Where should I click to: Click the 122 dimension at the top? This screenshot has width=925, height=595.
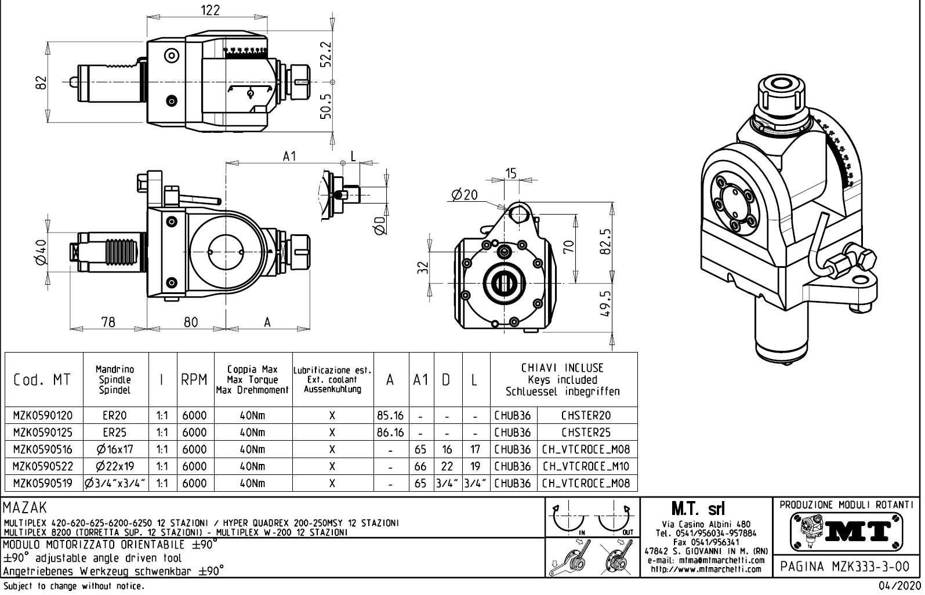[x=209, y=10]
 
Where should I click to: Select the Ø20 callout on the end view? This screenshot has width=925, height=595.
[x=465, y=195]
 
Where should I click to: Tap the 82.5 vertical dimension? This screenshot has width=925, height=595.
[x=606, y=241]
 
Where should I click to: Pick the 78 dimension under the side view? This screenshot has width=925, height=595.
[x=108, y=322]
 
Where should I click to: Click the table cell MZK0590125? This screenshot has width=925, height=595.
[x=43, y=433]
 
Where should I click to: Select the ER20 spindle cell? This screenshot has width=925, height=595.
[x=115, y=416]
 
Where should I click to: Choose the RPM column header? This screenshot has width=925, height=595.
[x=194, y=380]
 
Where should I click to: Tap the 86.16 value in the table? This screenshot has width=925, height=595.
[x=390, y=433]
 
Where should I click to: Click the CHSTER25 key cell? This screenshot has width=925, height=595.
[x=586, y=433]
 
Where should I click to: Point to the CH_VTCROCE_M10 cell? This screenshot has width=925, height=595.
[x=586, y=466]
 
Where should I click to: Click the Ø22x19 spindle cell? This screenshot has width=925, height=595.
[x=115, y=466]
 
